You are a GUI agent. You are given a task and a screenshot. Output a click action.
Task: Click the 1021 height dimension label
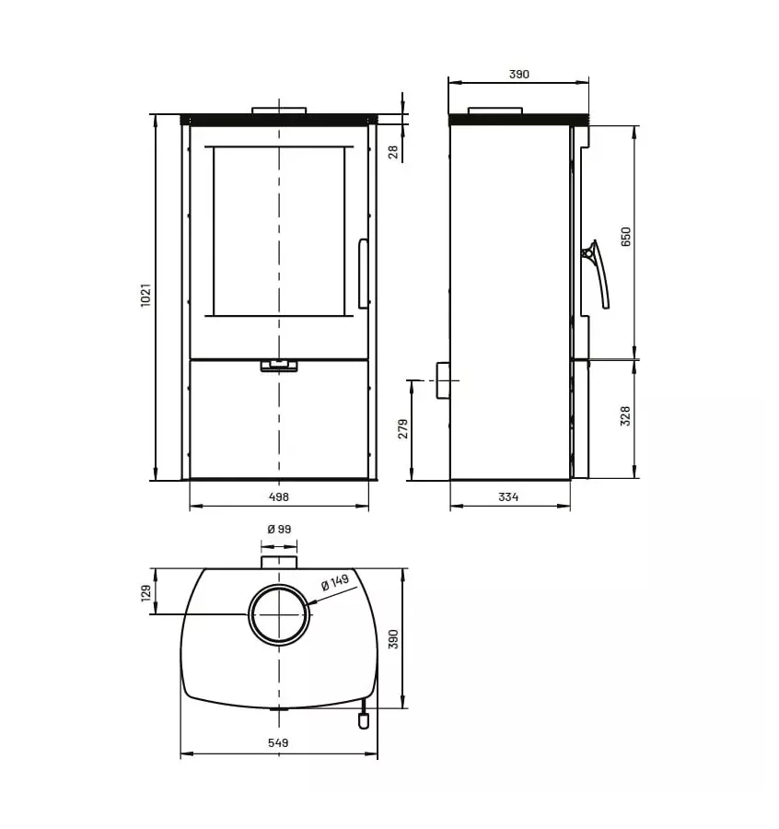point(145,296)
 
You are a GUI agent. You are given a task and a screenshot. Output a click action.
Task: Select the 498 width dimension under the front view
point(279,496)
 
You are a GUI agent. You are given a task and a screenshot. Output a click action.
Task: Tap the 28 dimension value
point(394,151)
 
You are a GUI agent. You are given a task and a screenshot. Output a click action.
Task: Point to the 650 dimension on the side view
point(626,238)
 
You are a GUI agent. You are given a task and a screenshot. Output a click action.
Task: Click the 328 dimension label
point(626,417)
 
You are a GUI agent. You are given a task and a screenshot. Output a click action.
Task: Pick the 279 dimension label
point(402,429)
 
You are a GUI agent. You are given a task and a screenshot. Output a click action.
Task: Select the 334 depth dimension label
point(508,497)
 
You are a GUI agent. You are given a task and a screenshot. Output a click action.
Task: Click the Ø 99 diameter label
point(278,529)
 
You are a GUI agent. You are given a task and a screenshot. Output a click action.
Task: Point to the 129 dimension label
point(145,592)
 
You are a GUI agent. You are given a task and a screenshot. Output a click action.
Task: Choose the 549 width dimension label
point(278,742)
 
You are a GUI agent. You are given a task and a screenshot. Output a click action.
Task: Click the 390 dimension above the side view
point(518,75)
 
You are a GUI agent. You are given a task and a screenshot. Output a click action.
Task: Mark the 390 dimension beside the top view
point(393,639)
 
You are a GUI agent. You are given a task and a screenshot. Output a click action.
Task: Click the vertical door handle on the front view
point(363,274)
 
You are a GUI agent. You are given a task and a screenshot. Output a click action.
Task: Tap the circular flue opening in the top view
point(278,614)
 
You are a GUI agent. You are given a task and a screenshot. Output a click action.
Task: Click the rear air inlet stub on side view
point(443,379)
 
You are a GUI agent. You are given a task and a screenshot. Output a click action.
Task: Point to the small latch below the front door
point(279,366)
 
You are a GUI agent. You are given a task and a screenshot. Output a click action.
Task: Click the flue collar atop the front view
point(279,111)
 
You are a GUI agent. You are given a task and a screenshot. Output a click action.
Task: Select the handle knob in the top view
point(364,720)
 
